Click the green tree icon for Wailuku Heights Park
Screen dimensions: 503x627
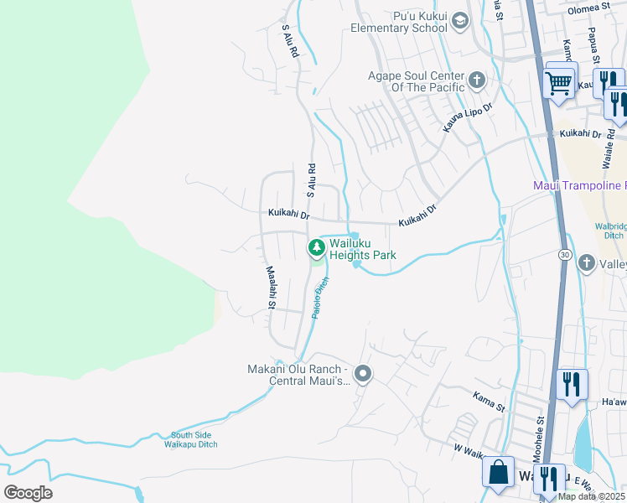(x=316, y=246)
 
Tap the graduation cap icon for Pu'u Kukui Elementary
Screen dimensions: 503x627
(x=459, y=20)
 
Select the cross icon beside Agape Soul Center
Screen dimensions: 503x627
(x=477, y=80)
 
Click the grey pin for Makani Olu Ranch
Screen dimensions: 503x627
(x=362, y=374)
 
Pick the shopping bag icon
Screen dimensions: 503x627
(x=498, y=472)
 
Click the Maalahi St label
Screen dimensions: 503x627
(x=271, y=288)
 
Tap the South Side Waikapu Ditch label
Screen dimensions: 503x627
(x=194, y=439)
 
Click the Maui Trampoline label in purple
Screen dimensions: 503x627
(x=579, y=184)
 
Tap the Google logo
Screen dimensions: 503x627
(x=27, y=493)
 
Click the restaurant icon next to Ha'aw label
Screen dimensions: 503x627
(x=572, y=385)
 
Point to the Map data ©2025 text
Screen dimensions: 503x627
(x=591, y=496)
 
